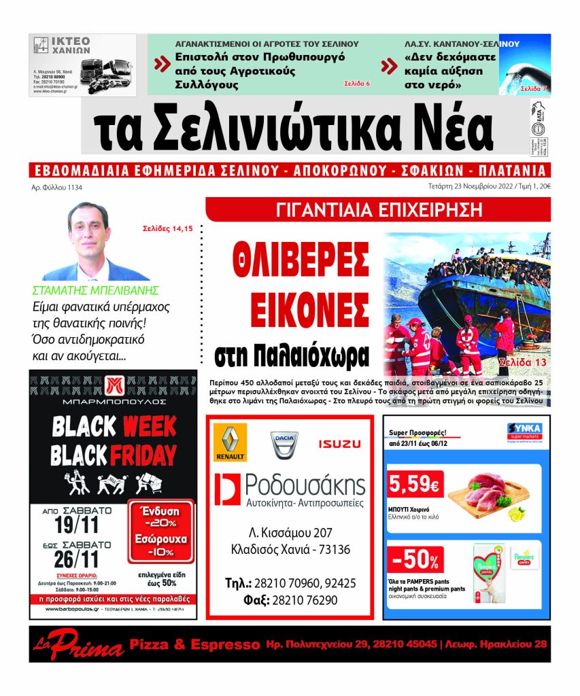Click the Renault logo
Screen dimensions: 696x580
[x=230, y=442]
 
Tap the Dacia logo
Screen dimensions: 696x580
[x=285, y=444]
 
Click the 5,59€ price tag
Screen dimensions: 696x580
[x=415, y=485]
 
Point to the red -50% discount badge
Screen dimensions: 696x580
[x=415, y=560]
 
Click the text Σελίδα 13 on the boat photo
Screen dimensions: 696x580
[x=522, y=362]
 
